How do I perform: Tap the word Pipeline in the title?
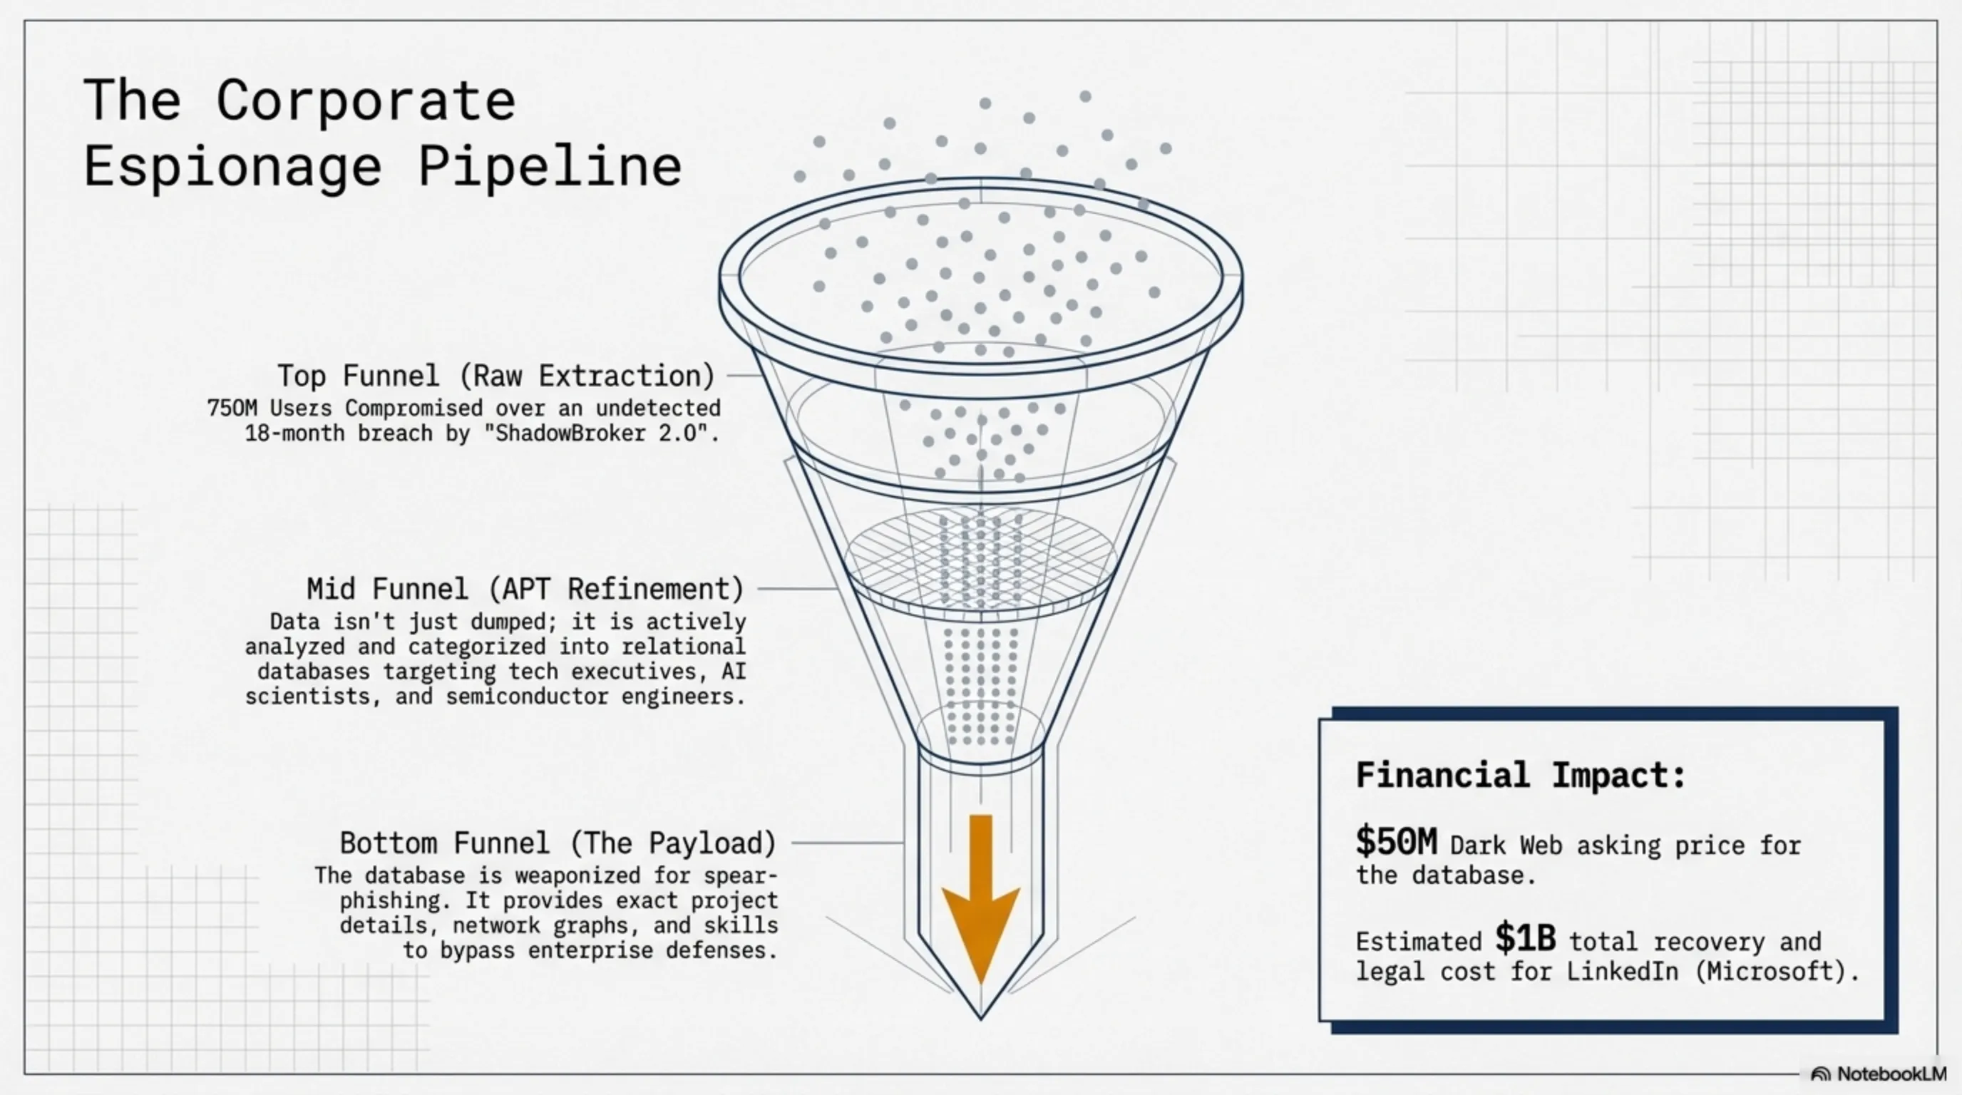point(550,167)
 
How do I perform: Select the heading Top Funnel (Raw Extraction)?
point(495,376)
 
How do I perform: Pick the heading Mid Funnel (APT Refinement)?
point(525,589)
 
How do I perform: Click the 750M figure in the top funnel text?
point(232,408)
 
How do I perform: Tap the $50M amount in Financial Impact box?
point(1396,841)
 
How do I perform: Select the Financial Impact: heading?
point(1521,775)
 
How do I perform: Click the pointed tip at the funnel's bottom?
point(981,1019)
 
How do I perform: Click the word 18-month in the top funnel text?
point(294,433)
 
